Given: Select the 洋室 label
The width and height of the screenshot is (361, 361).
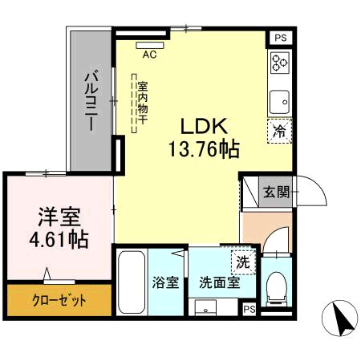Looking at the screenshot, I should pos(60,217).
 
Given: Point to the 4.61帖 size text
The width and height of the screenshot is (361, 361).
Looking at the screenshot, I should pos(60,238).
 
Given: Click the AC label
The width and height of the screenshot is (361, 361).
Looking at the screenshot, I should pos(149,55).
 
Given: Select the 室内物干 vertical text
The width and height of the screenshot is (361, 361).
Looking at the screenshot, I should pos(142,103).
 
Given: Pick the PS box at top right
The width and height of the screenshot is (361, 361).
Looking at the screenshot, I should pos(280,37).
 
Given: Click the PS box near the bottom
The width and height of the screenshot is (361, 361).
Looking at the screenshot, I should pos(249,310).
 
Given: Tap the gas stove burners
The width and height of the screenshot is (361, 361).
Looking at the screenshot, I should pos(280,63).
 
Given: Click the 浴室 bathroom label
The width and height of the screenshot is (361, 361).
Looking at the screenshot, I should pos(166,282).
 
